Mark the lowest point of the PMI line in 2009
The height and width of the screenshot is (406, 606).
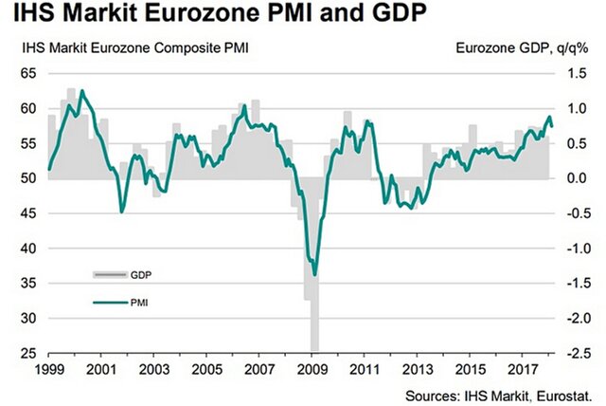(314, 274)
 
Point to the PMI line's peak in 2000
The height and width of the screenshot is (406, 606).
(82, 91)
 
